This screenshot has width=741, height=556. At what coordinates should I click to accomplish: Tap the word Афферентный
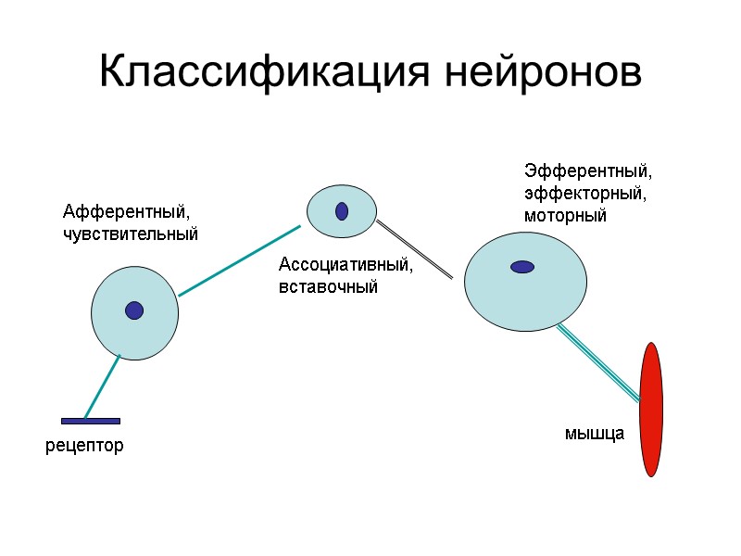point(125,212)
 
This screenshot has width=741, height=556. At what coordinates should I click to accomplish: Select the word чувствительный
point(130,234)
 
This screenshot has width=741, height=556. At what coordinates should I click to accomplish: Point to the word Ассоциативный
point(345,266)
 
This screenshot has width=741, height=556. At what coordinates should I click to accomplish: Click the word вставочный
point(329,287)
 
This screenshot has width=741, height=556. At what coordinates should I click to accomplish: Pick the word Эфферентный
point(588,171)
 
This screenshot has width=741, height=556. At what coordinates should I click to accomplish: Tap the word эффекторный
point(584,194)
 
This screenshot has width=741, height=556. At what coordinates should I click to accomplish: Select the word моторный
point(565,216)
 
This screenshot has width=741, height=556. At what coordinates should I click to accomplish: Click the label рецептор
point(84,447)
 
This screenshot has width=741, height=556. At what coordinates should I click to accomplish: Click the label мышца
point(595,433)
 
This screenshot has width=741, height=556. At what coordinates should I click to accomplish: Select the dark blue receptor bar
point(90,422)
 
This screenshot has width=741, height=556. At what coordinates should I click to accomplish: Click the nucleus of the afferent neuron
point(134,310)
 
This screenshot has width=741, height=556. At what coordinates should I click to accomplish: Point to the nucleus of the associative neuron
point(342,211)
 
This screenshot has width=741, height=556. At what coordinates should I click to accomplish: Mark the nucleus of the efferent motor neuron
point(522,267)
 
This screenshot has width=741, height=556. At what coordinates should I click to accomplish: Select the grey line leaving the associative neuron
point(414,249)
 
